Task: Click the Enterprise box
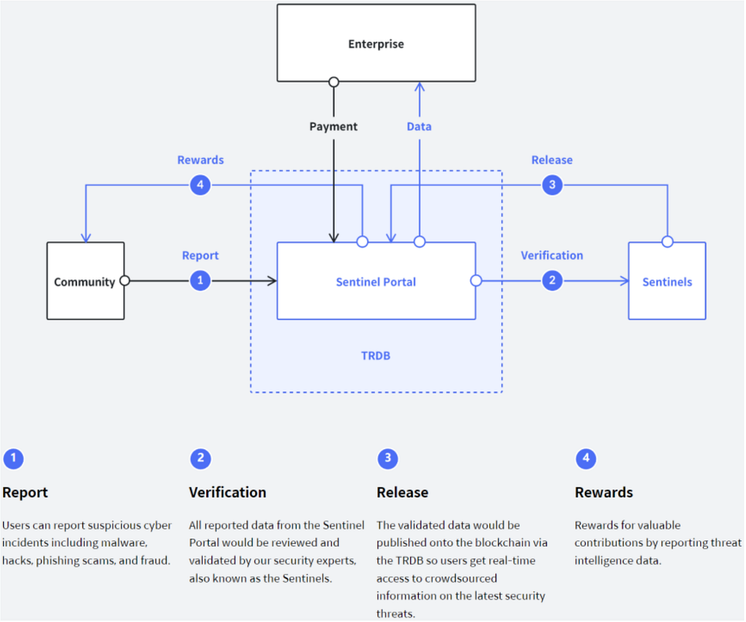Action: tap(375, 44)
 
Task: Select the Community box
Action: tap(85, 281)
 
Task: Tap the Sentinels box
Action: tap(666, 281)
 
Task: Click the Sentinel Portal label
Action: tap(375, 282)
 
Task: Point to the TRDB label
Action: tap(375, 356)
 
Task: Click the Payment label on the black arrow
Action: tap(334, 126)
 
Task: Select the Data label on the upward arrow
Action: tap(419, 126)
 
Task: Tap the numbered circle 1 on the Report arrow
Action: tap(200, 281)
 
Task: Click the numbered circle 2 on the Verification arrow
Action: tap(551, 281)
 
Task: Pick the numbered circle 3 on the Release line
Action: tap(551, 185)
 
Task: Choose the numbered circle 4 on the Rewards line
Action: tap(200, 185)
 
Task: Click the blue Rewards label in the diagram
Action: tap(200, 160)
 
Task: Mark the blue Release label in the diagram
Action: tap(551, 160)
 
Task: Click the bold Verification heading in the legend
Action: tap(228, 492)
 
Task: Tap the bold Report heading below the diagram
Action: tap(25, 492)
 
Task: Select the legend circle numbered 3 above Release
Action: tap(388, 459)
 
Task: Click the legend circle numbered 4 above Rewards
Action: tap(586, 459)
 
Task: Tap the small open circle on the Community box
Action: tap(124, 281)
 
